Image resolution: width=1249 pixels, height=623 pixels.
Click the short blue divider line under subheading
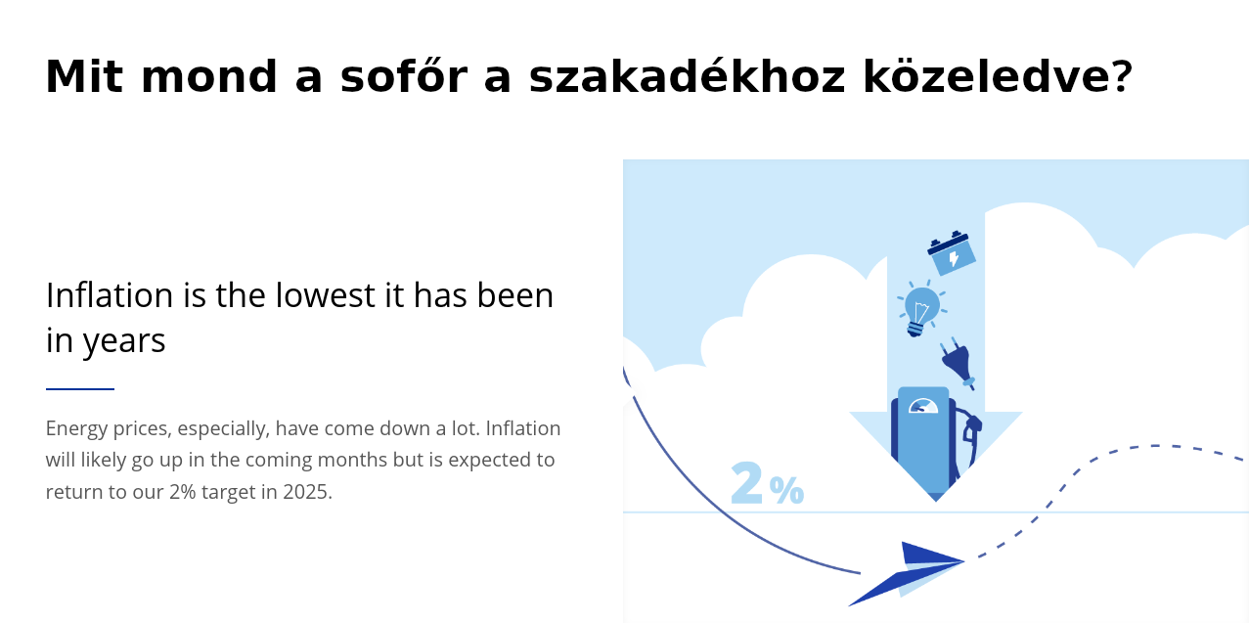[x=80, y=389]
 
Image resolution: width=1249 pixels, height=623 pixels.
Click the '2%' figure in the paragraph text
[x=183, y=491]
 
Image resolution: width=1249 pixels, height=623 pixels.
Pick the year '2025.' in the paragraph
[x=307, y=491]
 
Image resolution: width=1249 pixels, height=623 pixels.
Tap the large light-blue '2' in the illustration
[x=746, y=483]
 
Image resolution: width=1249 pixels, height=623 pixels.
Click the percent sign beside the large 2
[x=786, y=490]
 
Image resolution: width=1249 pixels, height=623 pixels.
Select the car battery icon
[x=952, y=253]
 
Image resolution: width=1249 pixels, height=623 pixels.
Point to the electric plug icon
[x=957, y=364]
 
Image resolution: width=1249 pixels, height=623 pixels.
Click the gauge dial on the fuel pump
[x=922, y=406]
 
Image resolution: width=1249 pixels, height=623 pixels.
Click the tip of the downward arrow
[x=936, y=498]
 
